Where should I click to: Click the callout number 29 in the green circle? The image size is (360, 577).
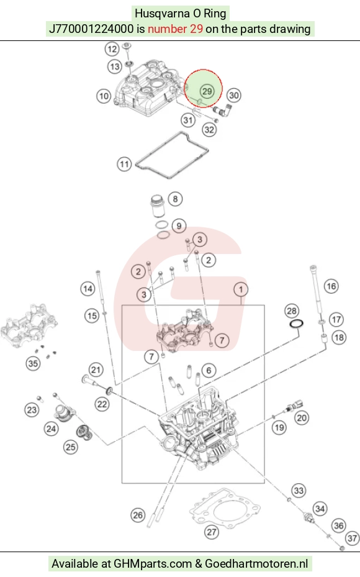(x=207, y=91)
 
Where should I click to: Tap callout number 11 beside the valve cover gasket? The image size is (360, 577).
(x=124, y=164)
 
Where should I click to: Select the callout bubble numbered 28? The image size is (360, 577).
(x=292, y=311)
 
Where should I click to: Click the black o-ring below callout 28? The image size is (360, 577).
(x=296, y=324)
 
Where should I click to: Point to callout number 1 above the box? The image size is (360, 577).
(x=241, y=289)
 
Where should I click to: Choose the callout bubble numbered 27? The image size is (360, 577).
(x=212, y=532)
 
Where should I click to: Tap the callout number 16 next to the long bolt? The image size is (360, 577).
(x=331, y=286)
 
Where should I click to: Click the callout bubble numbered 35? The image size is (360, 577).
(x=33, y=363)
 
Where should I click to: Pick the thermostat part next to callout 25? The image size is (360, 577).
(x=83, y=432)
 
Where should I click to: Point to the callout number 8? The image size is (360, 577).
(x=176, y=199)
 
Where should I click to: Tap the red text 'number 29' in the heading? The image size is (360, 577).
(x=175, y=29)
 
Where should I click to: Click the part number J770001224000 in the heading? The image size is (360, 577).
(x=91, y=29)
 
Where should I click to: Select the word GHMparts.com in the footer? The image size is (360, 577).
(x=153, y=564)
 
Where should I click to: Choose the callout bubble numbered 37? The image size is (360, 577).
(x=353, y=538)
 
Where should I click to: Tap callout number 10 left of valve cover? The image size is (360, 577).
(x=104, y=96)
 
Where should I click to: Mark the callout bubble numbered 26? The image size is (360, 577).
(x=138, y=515)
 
